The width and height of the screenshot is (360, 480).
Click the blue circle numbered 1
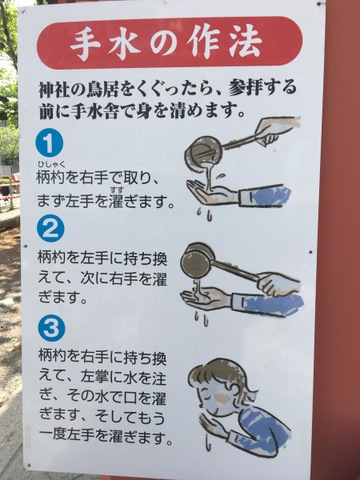click(49, 144)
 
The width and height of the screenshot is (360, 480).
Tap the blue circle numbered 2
click(50, 229)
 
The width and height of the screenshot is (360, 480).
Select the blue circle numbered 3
click(51, 328)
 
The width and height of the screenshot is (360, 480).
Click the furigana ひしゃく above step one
click(51, 163)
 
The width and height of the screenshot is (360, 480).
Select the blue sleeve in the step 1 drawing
click(271, 196)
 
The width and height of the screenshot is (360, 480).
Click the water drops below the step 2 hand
click(202, 318)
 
